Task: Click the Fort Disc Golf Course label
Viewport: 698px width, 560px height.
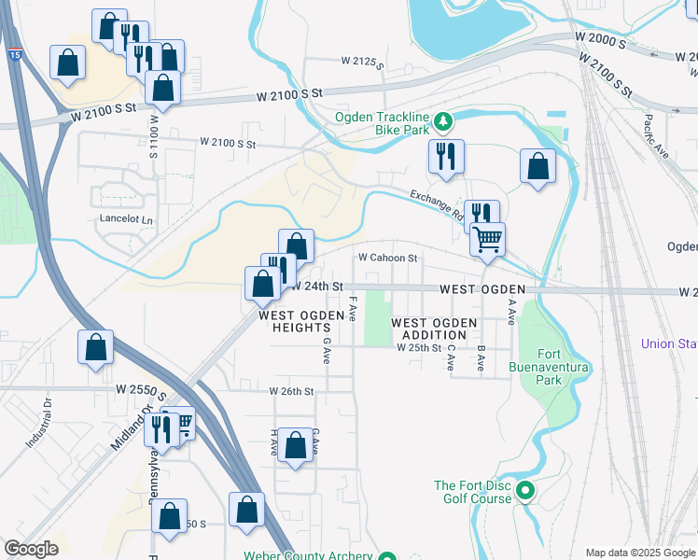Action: (473, 492)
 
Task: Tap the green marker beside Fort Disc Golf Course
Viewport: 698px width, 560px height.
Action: (524, 489)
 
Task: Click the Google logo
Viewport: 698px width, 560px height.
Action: (31, 549)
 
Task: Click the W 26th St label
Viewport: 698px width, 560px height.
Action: (292, 391)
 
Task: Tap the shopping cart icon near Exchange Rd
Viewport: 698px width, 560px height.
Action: (487, 240)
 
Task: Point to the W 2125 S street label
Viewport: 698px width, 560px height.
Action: (363, 63)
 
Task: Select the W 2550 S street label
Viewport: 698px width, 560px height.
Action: (141, 387)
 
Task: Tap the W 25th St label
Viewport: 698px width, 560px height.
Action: (418, 347)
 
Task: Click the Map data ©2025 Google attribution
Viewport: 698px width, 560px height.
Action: (639, 553)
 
